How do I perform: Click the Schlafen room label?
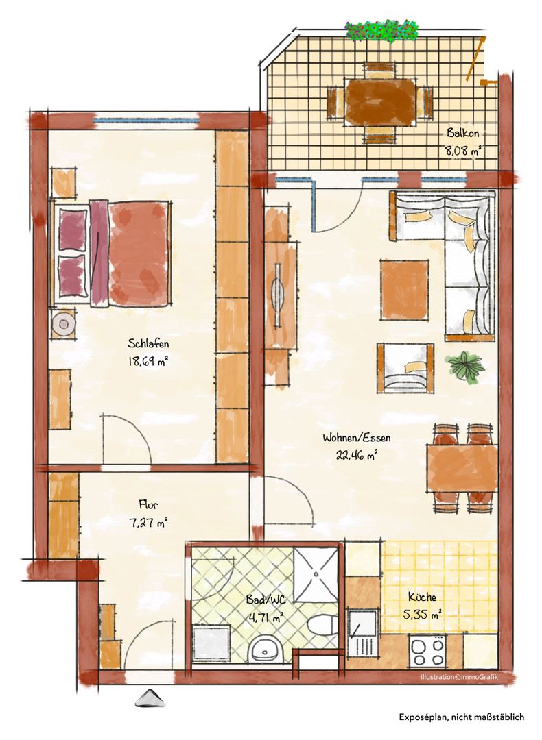pos(148,343)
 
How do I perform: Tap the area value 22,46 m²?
pos(356,456)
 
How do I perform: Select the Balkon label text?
pos(463,133)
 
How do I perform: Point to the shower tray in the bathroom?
pos(315,575)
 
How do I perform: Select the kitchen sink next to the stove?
pos(362,632)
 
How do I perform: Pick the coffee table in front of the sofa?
pos(405,289)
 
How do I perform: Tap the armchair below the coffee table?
pos(405,368)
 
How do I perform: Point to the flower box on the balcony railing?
pos(382,31)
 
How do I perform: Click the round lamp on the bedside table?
pos(62,323)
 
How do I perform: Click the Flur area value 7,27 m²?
pos(148,523)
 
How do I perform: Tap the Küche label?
pos(423,597)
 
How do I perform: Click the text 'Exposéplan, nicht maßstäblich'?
pos(462,717)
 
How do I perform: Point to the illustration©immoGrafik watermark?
pos(459,678)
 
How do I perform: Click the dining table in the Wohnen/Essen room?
pos(462,468)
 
